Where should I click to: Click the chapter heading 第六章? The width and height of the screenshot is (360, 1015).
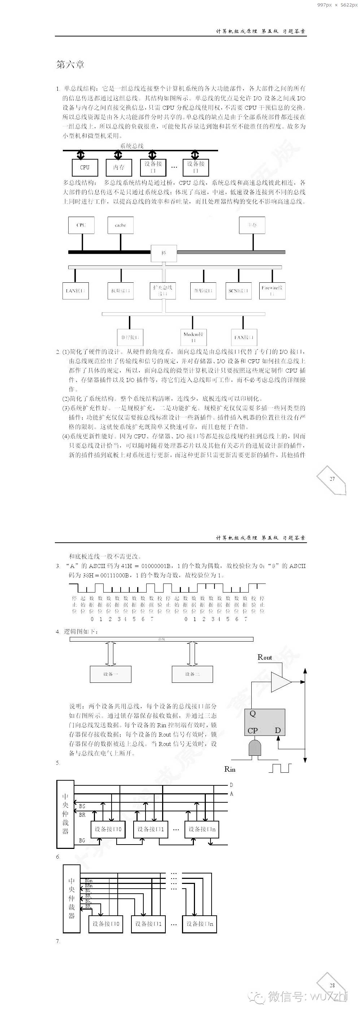(70, 65)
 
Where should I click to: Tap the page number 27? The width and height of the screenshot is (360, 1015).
(332, 479)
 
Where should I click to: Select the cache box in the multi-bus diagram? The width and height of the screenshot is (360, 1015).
(121, 225)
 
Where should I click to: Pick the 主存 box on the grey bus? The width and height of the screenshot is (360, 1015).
(252, 225)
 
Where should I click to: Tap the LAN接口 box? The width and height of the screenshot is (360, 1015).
(75, 291)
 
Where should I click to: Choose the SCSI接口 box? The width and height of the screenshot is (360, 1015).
(238, 291)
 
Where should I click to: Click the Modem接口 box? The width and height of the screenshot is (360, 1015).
(194, 337)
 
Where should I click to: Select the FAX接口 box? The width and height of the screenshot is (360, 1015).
(244, 337)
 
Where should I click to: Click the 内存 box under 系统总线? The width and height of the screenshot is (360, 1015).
(119, 168)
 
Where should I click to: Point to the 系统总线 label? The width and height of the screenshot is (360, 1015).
(132, 146)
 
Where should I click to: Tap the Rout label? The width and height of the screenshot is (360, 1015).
(265, 657)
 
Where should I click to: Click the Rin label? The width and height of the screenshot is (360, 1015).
(230, 769)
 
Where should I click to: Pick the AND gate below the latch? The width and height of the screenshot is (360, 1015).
(255, 747)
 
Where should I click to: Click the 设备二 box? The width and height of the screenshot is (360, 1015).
(192, 674)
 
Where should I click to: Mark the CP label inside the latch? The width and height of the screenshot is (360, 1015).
(252, 730)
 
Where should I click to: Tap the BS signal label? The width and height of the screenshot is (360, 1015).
(82, 806)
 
